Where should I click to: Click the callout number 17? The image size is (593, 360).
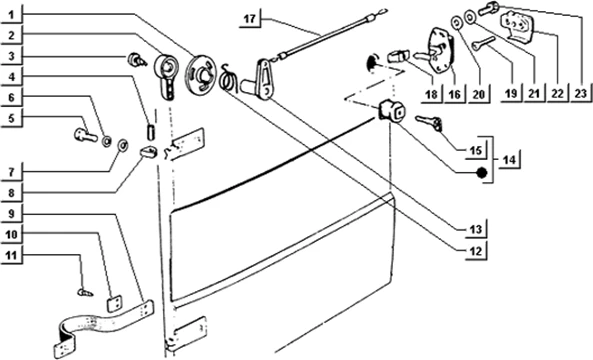click(x=250, y=19)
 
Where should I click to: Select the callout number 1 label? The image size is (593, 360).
click(x=11, y=15)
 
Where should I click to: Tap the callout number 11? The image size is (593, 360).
click(x=11, y=256)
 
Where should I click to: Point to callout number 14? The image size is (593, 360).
click(x=509, y=160)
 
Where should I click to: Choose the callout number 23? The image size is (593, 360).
click(x=580, y=93)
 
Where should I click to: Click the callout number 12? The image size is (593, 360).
click(x=476, y=251)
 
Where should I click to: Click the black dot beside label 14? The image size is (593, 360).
click(x=481, y=173)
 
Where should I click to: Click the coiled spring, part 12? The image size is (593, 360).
click(x=228, y=78)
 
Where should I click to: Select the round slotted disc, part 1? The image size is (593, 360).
click(x=200, y=74)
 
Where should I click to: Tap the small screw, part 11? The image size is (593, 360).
click(x=85, y=293)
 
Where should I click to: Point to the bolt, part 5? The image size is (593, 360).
click(x=85, y=135)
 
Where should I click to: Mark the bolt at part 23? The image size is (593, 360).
click(x=489, y=8)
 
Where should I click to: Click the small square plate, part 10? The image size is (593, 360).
click(x=114, y=303)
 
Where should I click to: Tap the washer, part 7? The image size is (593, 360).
click(x=123, y=144)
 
